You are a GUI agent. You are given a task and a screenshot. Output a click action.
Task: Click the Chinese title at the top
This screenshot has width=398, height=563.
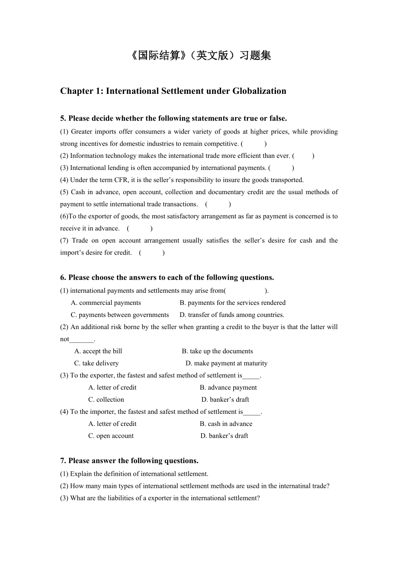coord(199,55)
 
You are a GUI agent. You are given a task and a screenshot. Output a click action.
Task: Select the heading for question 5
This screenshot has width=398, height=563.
coord(173,118)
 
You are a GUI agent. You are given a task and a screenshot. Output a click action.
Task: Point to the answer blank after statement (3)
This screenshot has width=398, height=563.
coord(281,168)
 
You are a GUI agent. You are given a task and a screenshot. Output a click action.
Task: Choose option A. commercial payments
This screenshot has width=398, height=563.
coord(106,303)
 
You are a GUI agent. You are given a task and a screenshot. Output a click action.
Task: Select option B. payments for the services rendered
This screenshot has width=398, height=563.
coord(232,303)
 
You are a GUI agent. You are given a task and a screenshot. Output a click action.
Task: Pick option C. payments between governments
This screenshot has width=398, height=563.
coord(120,315)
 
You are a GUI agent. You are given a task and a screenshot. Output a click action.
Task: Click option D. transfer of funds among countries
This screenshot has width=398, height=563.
coord(232,315)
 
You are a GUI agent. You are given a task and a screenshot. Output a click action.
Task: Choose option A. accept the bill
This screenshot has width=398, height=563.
coord(98,351)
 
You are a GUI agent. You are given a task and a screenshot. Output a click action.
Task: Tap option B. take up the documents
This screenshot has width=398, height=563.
coord(217,351)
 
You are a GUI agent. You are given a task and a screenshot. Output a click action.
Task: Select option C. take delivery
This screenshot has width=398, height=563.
coord(96,363)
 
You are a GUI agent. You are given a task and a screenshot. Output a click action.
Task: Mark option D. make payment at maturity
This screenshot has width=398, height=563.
coord(226,363)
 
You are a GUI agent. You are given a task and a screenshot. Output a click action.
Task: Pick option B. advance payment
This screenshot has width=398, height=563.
coord(228,387)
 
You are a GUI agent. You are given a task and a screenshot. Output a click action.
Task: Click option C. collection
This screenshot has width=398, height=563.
coord(106,400)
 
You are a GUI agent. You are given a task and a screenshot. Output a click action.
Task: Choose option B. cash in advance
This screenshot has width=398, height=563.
coord(226,424)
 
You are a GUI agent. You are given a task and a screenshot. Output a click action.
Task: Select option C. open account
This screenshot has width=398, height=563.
coord(111,436)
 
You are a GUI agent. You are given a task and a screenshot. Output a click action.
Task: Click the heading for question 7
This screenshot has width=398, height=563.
coord(129,461)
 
